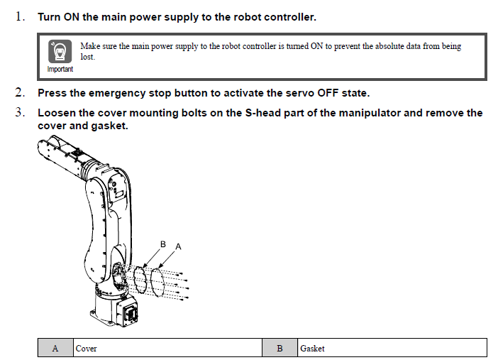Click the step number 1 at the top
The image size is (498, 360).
point(19,16)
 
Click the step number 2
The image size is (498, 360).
point(20,92)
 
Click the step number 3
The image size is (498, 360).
point(20,112)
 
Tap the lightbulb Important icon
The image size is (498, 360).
point(60,52)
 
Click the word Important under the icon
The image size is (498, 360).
point(60,69)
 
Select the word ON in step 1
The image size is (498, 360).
point(71,16)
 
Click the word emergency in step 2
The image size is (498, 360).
point(113,93)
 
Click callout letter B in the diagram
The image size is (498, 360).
point(162,244)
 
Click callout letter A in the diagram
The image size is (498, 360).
point(178,246)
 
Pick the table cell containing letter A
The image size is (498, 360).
point(55,348)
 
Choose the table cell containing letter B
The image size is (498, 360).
point(280,348)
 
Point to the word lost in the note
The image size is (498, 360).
point(87,56)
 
